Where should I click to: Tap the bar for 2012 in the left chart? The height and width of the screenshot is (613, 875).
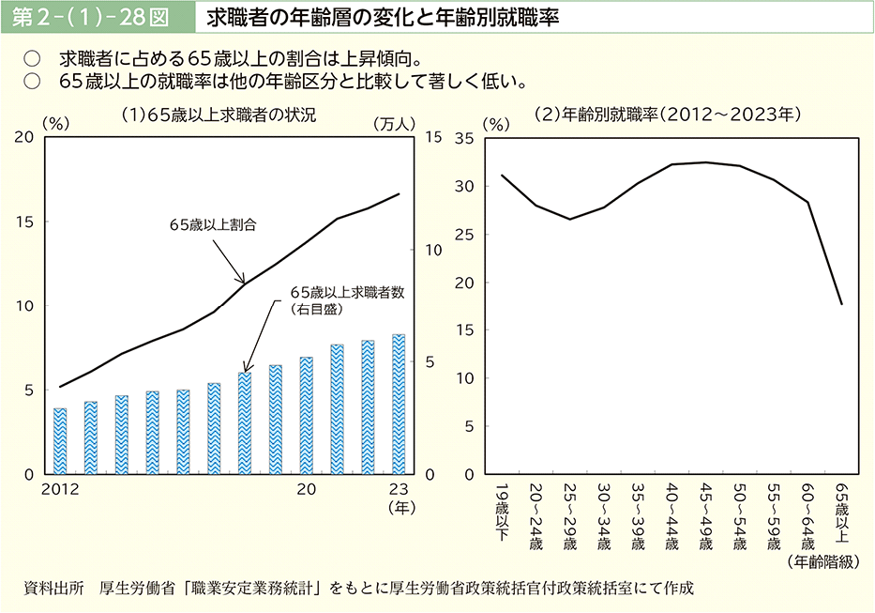point(60,441)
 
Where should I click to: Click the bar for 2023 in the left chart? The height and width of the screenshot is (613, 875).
point(399,405)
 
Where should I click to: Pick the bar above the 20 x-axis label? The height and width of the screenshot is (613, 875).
point(307,416)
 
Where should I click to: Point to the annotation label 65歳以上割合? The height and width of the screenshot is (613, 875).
point(213,225)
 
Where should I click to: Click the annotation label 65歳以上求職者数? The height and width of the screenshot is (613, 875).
point(347,292)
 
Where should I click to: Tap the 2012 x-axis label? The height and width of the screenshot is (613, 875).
point(60,489)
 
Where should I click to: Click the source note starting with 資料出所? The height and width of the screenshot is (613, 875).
point(360,589)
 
